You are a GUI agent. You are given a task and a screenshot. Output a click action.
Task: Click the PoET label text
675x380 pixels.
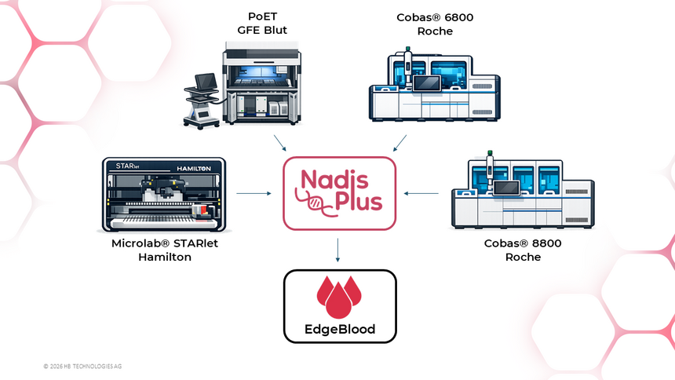point(262,16)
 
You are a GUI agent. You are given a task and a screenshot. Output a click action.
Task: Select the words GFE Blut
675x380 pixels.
point(262,30)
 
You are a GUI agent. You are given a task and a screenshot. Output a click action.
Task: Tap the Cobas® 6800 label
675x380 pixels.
point(435,17)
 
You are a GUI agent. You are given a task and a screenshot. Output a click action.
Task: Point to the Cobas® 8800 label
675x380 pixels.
point(523,243)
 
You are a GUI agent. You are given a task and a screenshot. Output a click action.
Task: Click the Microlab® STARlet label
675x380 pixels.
point(165,243)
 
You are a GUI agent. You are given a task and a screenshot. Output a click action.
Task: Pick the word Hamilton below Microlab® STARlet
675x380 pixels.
point(165,257)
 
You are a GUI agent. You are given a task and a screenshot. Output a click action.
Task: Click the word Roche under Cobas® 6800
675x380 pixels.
point(435,31)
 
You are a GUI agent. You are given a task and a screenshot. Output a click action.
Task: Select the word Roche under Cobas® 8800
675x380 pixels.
point(523,257)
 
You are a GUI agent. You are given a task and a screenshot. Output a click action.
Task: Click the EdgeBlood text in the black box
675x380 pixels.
point(340,329)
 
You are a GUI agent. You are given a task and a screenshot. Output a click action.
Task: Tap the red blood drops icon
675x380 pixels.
point(339,298)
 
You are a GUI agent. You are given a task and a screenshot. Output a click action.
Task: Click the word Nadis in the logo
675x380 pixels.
point(334,180)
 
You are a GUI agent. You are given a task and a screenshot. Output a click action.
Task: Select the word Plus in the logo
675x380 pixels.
point(358,201)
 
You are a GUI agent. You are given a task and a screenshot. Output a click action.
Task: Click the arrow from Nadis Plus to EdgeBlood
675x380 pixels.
point(337,250)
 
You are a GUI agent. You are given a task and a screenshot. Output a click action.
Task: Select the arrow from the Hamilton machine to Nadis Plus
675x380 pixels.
point(254,193)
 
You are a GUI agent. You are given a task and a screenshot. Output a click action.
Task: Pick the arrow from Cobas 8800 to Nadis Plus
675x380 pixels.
point(421,193)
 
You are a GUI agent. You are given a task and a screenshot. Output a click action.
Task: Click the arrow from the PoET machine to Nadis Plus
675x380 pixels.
point(280,143)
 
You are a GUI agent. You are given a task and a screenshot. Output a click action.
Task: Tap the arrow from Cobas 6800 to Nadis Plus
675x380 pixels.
point(400,143)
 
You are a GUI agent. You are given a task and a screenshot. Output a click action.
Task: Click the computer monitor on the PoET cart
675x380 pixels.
point(206,81)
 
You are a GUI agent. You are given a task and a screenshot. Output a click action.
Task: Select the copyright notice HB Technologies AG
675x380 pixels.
point(82,366)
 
